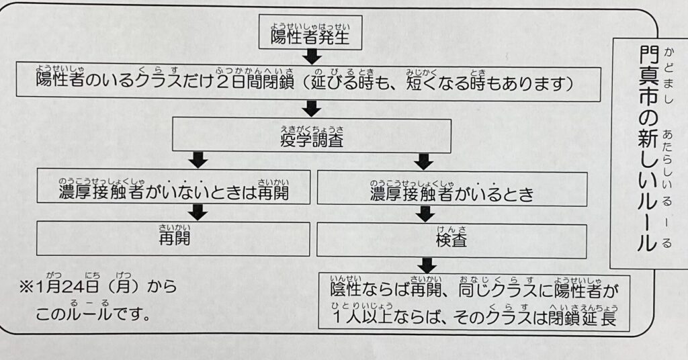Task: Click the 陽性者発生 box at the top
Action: [x=310, y=34]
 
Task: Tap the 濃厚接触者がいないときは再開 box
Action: [x=173, y=189]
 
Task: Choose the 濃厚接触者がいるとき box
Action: [x=451, y=189]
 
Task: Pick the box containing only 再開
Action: [x=173, y=239]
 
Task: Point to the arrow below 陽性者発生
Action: [x=310, y=56]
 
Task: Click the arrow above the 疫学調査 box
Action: [x=310, y=107]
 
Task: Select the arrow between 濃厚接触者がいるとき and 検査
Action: [x=425, y=214]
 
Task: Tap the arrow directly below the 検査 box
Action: [x=425, y=264]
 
